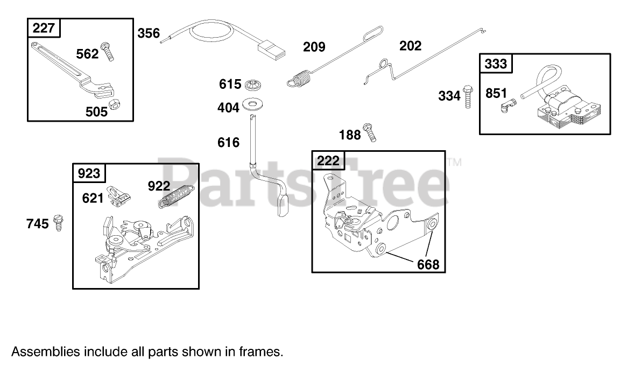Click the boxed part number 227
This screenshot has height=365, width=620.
(44, 28)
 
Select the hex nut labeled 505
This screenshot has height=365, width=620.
(114, 106)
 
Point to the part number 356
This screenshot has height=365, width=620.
(149, 33)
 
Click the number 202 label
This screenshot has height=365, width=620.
(410, 46)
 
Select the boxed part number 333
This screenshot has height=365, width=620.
(496, 64)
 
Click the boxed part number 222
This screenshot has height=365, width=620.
(328, 161)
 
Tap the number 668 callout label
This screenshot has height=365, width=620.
(428, 264)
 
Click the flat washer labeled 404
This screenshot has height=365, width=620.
(252, 103)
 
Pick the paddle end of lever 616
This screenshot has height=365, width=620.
(283, 207)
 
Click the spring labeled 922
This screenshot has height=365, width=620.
(178, 196)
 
